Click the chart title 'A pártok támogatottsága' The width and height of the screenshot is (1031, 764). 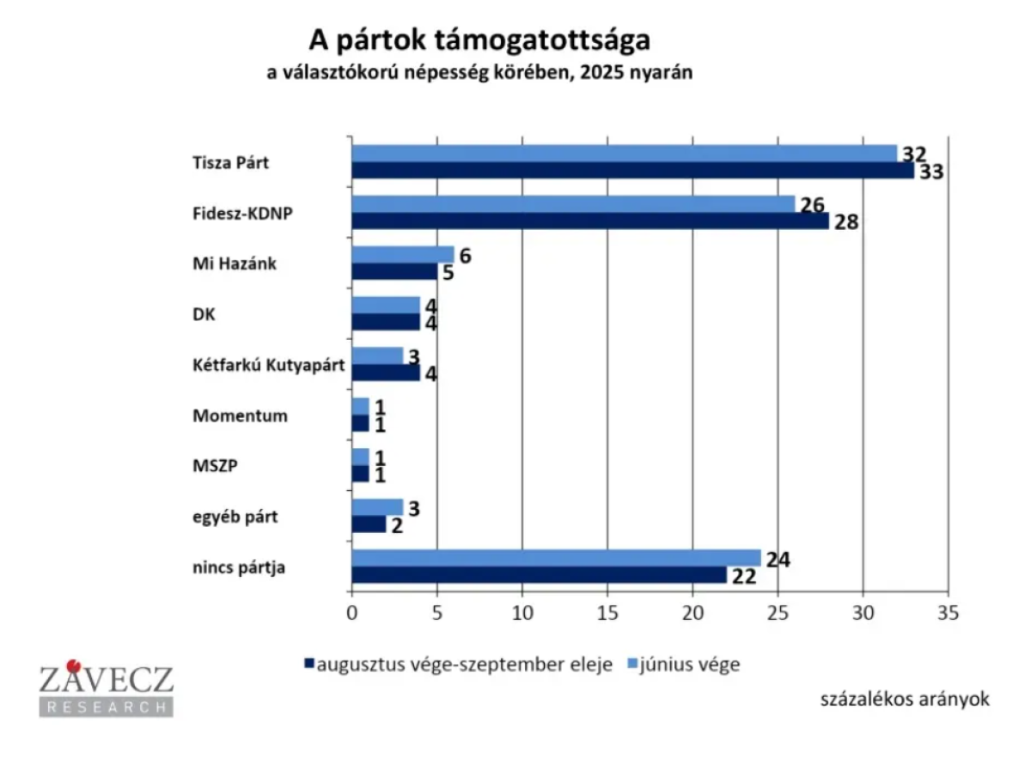[x=479, y=41]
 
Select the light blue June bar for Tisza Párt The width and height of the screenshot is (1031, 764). [x=624, y=154]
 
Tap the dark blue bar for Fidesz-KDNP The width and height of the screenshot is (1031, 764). [x=590, y=221]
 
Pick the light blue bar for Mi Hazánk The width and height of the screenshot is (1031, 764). [x=402, y=255]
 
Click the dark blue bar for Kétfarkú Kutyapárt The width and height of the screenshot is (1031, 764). [x=386, y=373]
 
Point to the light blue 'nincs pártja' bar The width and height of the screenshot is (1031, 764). [x=556, y=558]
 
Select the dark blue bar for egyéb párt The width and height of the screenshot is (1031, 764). [x=369, y=524]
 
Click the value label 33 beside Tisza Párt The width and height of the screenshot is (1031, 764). [x=930, y=172]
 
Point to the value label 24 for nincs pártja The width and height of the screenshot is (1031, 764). [x=777, y=560]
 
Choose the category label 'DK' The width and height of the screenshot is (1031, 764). [x=204, y=315]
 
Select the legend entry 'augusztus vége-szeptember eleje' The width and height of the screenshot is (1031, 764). [x=464, y=664]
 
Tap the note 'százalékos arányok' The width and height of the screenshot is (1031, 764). [x=905, y=699]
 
